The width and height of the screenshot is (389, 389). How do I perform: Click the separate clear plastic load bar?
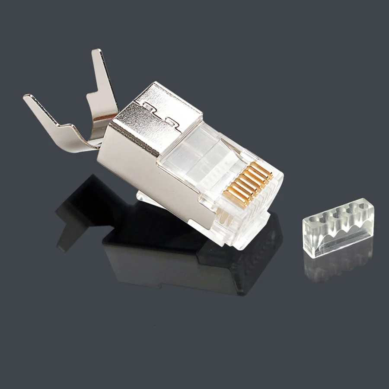[x=338, y=229]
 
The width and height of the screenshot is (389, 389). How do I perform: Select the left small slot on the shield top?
[x=148, y=105]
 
